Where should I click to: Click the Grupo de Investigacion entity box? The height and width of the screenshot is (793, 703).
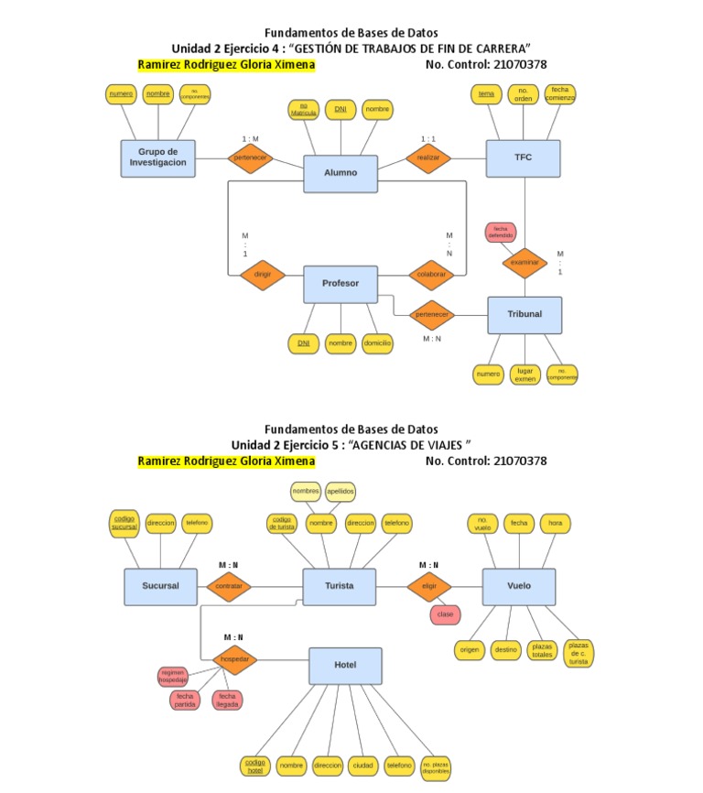pyautogui.click(x=157, y=158)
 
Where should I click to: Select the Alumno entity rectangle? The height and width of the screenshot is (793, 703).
pyautogui.click(x=341, y=173)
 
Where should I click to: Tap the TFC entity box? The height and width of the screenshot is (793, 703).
pyautogui.click(x=523, y=158)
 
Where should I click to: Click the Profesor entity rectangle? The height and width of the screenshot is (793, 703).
pyautogui.click(x=341, y=284)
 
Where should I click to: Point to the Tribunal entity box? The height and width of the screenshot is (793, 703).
pyautogui.click(x=525, y=314)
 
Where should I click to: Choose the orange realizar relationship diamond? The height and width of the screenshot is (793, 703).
pyautogui.click(x=428, y=158)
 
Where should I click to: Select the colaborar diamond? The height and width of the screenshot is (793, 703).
pyautogui.click(x=431, y=275)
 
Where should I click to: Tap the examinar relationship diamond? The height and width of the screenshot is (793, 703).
pyautogui.click(x=525, y=262)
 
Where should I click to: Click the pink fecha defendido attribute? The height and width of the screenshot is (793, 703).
pyautogui.click(x=501, y=232)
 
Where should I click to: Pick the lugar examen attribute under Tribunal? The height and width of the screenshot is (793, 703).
pyautogui.click(x=525, y=374)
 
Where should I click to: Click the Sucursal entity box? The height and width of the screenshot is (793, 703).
pyautogui.click(x=160, y=586)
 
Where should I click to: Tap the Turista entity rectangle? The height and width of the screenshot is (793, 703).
pyautogui.click(x=339, y=586)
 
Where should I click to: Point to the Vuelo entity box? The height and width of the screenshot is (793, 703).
pyautogui.click(x=518, y=586)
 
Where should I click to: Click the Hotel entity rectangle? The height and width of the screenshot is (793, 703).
pyautogui.click(x=345, y=666)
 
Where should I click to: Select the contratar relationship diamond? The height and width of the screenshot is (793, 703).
pyautogui.click(x=229, y=586)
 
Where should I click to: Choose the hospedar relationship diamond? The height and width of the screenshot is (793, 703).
pyautogui.click(x=235, y=659)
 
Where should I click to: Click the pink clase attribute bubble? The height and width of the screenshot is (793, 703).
pyautogui.click(x=445, y=615)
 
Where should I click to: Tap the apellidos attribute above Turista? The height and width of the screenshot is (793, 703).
pyautogui.click(x=340, y=491)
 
